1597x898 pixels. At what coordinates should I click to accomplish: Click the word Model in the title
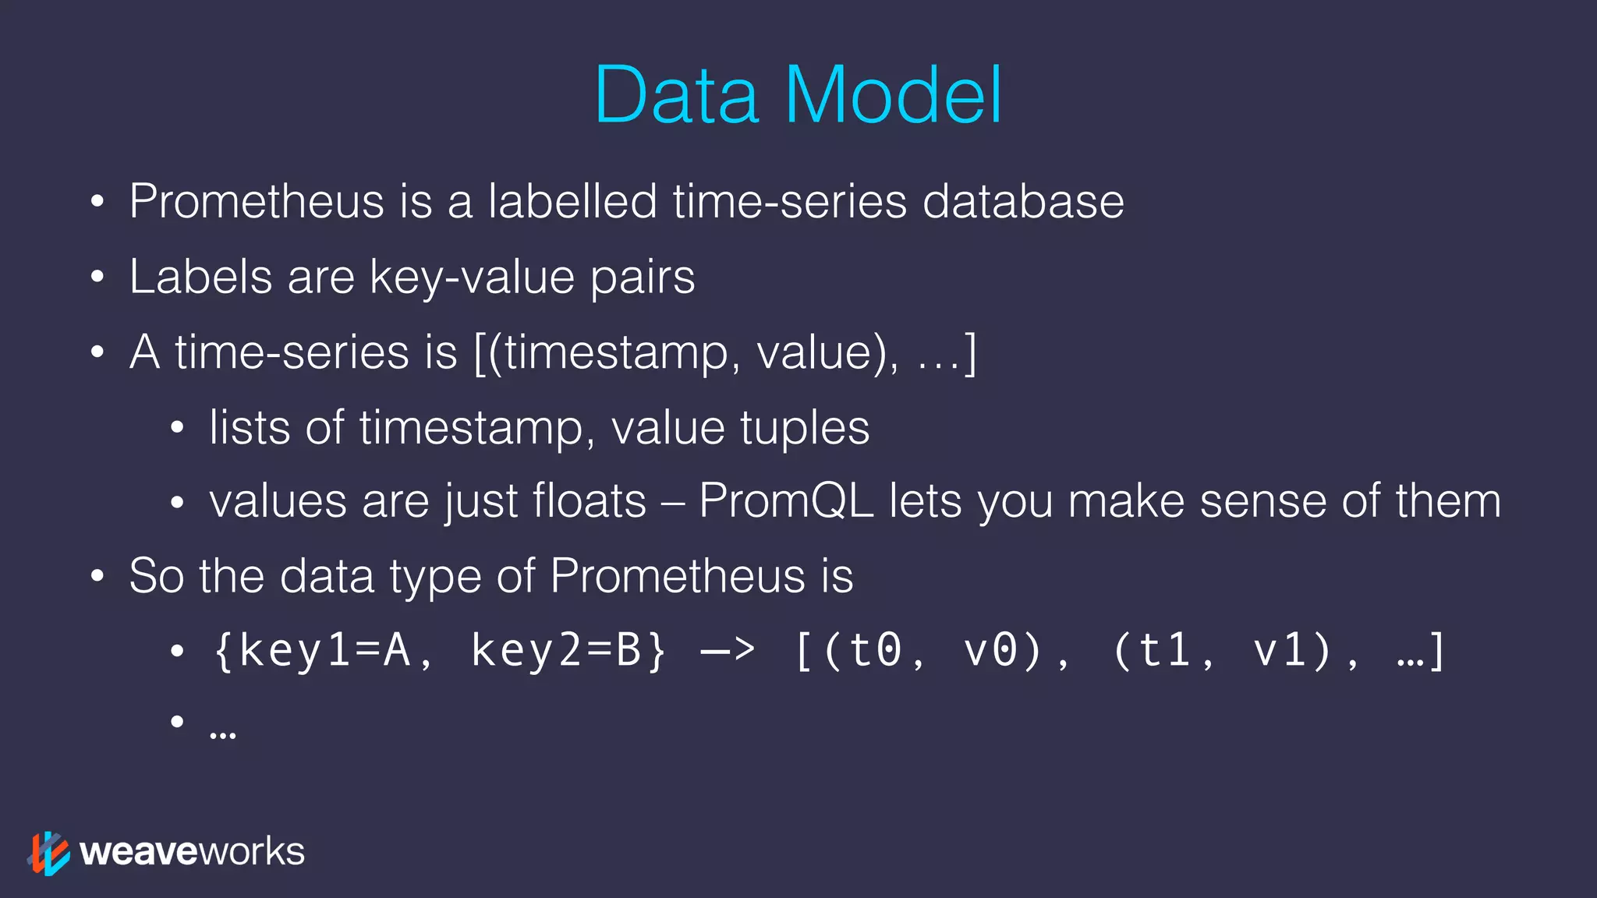point(894,95)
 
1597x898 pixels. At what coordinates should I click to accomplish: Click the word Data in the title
point(677,95)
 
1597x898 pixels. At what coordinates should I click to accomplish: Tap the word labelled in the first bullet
point(572,201)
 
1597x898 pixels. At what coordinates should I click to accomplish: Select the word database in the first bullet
point(1023,201)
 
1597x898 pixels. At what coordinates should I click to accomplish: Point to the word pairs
point(642,278)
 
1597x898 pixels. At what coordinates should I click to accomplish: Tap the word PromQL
point(786,500)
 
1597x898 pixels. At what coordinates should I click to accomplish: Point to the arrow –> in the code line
point(728,650)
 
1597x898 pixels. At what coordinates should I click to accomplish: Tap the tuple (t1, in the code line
point(1163,650)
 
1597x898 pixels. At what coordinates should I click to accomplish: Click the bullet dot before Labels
point(97,278)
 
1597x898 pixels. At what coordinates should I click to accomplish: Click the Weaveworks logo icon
point(48,853)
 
